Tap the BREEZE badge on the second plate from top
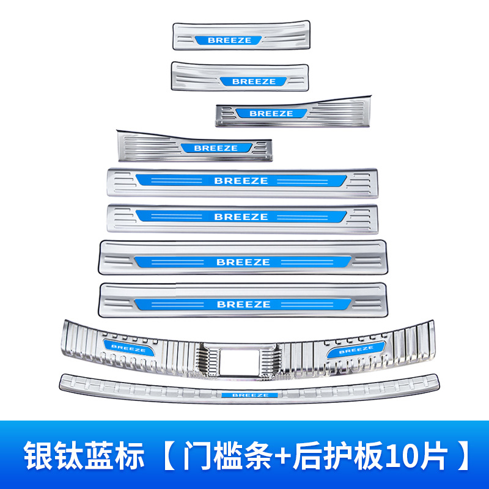click(x=254, y=81)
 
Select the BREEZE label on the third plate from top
click(x=271, y=113)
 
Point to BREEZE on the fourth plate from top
click(x=216, y=148)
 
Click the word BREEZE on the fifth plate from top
click(x=241, y=181)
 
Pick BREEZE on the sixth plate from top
click(x=241, y=216)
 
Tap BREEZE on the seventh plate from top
click(x=243, y=262)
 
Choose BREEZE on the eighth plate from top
click(x=243, y=304)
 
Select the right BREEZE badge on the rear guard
click(x=356, y=350)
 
